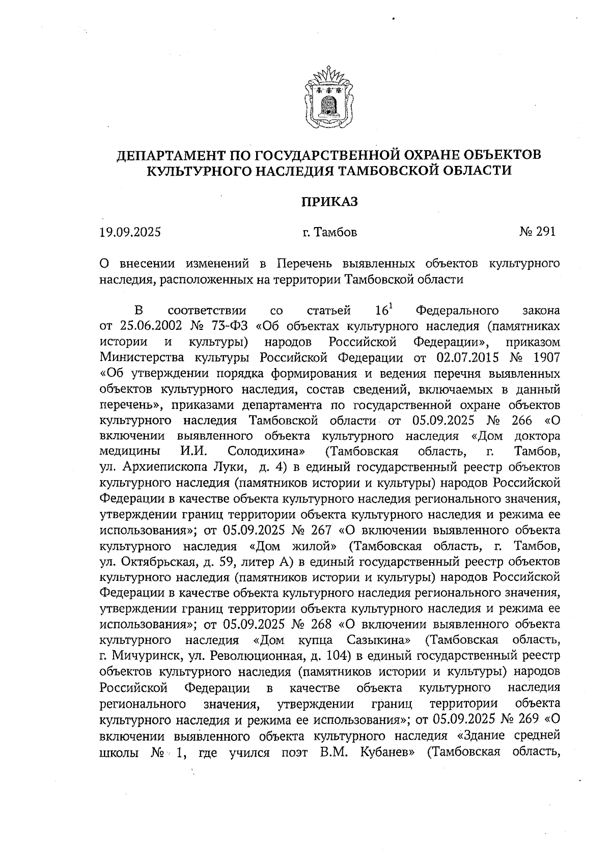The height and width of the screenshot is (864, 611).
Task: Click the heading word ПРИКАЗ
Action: [328, 202]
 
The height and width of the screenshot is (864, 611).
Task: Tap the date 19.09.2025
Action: [130, 233]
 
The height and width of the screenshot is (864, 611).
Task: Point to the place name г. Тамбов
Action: [329, 233]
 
